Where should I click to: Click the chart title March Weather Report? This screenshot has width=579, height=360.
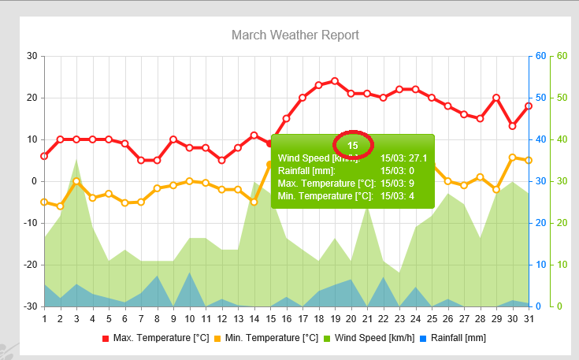[x=295, y=35]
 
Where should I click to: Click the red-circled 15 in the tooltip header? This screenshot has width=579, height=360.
[x=353, y=145]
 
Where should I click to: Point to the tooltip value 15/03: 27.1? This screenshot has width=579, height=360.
[x=403, y=158]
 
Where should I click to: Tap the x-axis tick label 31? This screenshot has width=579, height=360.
[x=529, y=319]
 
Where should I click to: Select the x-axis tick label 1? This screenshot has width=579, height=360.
[x=44, y=319]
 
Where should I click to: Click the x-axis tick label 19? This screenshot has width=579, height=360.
[x=335, y=319]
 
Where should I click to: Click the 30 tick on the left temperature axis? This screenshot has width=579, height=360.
[x=32, y=56]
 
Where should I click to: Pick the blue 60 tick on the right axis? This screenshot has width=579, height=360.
[x=540, y=56]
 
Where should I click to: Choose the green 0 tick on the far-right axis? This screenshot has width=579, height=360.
[x=560, y=306]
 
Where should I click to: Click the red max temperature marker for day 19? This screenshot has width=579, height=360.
[x=335, y=81]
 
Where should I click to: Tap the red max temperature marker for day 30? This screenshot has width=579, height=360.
[x=512, y=126]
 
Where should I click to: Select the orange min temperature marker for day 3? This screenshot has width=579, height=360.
[x=76, y=181]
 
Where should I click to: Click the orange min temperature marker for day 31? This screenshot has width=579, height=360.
[x=529, y=161]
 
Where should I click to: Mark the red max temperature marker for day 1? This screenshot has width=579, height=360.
[x=44, y=156]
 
